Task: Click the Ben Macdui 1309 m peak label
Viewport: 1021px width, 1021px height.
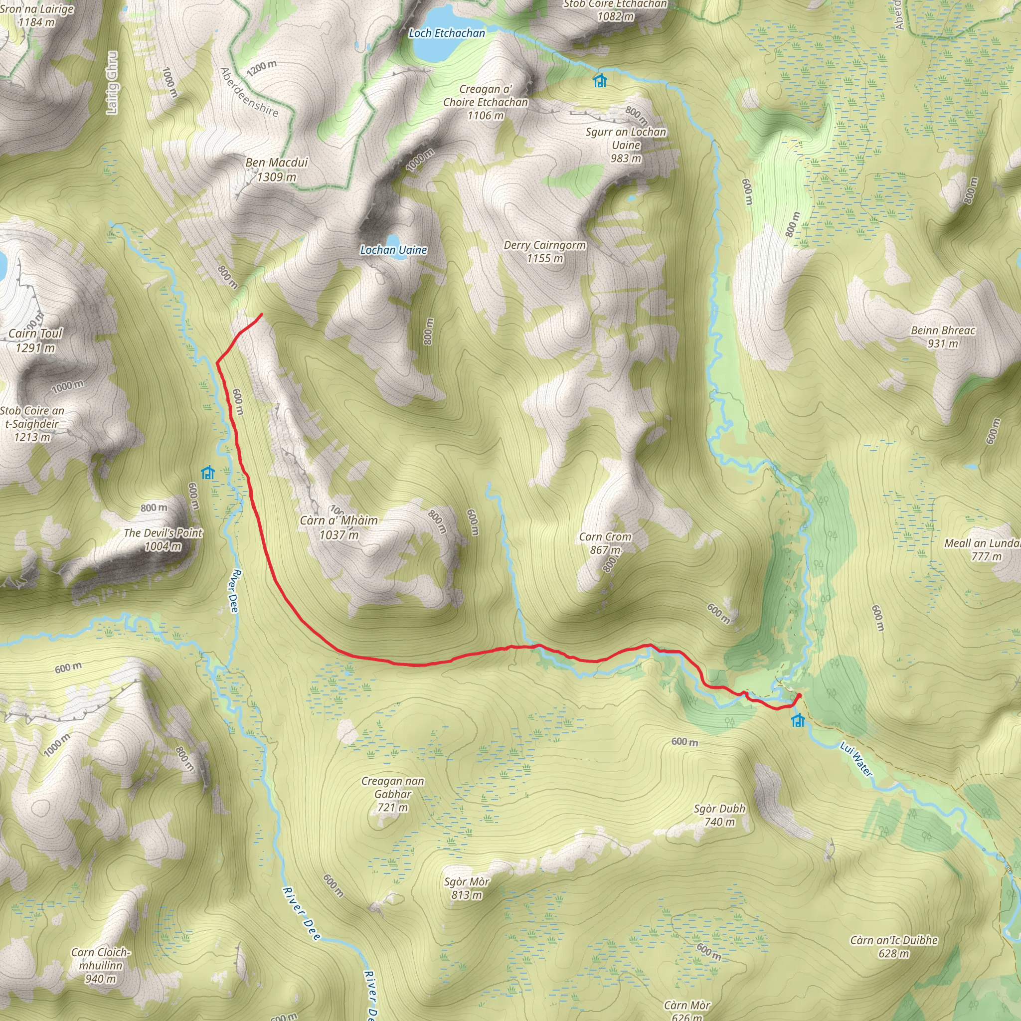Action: (x=276, y=170)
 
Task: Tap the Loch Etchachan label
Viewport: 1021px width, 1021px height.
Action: (x=447, y=33)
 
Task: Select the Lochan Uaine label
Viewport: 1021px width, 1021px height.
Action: (x=393, y=250)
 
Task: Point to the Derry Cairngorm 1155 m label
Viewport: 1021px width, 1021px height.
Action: (x=544, y=252)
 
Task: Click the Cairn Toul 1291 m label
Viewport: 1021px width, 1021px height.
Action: (x=35, y=340)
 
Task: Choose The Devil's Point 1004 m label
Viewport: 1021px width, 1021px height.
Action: (x=163, y=539)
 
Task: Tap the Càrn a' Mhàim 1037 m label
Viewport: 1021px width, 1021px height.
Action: (x=339, y=527)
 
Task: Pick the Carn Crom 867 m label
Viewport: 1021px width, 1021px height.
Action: (x=605, y=543)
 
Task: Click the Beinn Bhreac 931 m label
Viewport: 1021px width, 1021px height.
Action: (x=943, y=337)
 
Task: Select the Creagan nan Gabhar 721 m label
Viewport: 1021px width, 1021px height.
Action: (x=393, y=794)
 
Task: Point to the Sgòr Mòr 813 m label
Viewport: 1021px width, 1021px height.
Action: (x=467, y=888)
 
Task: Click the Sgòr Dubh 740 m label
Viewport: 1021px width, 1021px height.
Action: (x=719, y=815)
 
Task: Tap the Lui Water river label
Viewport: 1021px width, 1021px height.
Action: (x=856, y=759)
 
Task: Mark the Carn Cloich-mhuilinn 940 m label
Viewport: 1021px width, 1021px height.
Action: (x=100, y=966)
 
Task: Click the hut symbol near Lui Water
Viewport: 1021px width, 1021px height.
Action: (x=798, y=720)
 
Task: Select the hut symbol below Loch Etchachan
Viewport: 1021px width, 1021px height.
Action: (x=600, y=80)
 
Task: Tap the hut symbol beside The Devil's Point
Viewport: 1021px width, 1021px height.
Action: (x=208, y=472)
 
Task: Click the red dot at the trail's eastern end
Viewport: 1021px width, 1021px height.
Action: (x=799, y=695)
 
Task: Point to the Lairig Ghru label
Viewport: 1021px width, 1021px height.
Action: (x=112, y=82)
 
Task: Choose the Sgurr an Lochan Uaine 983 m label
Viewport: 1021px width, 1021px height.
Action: (x=626, y=145)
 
